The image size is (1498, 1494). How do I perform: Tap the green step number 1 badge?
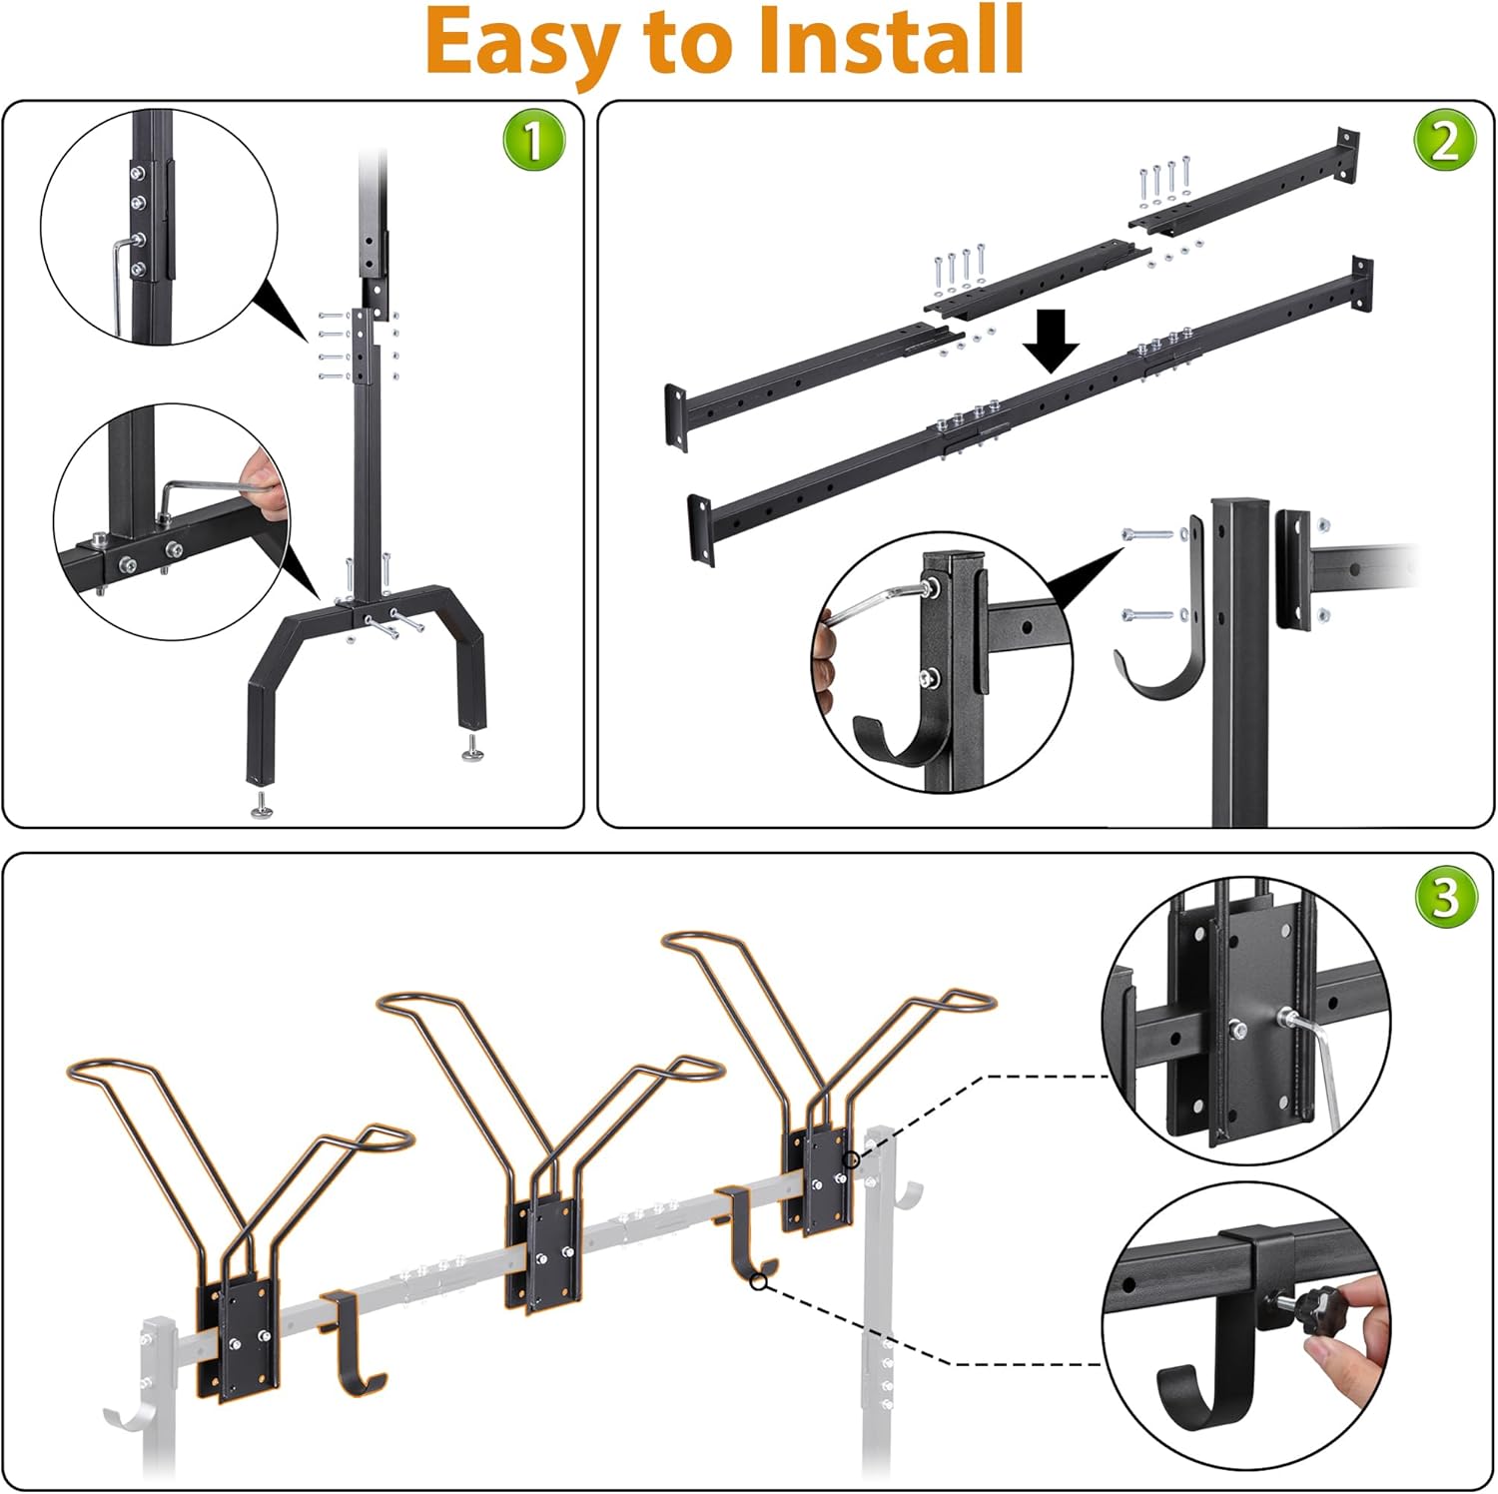click(533, 141)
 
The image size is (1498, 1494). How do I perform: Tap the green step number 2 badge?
click(1444, 141)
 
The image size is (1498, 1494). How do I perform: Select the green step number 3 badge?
click(1444, 896)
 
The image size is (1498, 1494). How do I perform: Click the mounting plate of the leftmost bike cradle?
click(240, 1338)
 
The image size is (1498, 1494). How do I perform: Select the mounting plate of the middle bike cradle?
click(544, 1253)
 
